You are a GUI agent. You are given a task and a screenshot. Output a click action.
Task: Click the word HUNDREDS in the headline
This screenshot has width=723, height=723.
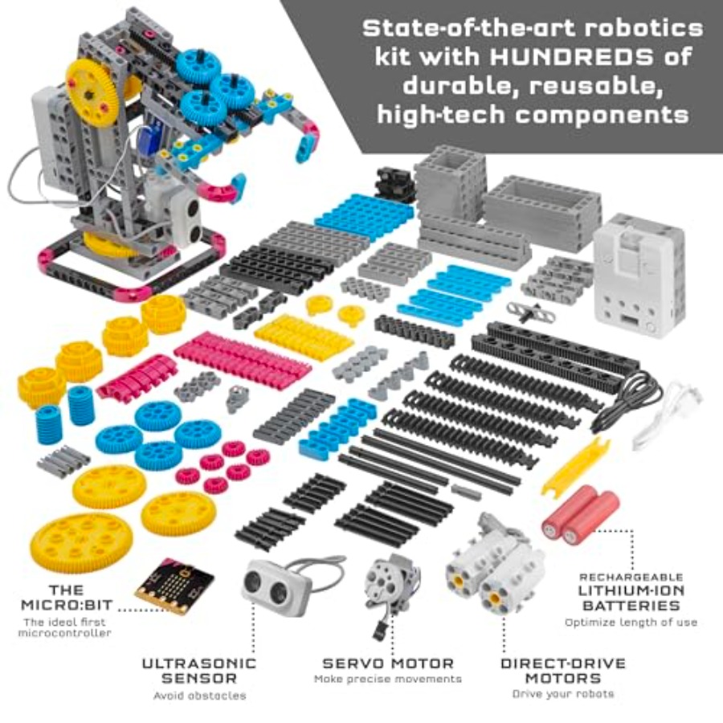571,57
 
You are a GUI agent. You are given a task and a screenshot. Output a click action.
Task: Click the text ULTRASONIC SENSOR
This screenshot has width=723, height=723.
198,671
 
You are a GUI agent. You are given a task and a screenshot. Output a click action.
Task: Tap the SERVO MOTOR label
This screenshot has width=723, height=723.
388,664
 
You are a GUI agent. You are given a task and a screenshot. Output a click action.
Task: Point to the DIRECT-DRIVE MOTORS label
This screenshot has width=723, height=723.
563,671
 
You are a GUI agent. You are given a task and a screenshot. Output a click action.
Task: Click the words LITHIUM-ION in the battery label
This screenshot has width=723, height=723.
631,590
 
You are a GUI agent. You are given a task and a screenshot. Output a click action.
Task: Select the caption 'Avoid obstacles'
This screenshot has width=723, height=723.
200,696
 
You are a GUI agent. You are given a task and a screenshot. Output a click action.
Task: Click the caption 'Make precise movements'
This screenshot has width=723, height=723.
388,679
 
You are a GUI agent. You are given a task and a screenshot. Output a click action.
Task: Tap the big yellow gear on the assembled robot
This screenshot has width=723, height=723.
92,94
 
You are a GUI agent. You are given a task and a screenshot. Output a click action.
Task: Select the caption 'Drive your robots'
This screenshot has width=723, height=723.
563,694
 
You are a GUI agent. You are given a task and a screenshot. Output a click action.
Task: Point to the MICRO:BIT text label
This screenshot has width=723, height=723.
67,598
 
